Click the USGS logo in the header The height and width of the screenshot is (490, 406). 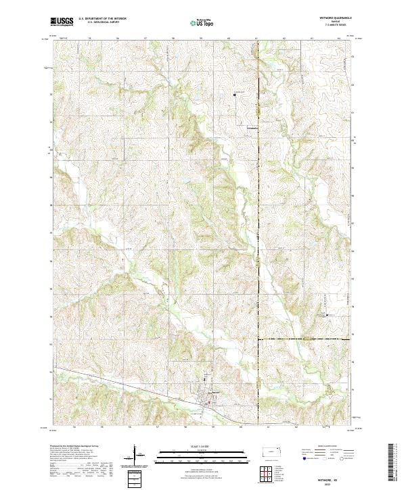pyautogui.click(x=62, y=22)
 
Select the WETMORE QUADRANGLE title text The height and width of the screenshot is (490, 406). pyautogui.click(x=331, y=19)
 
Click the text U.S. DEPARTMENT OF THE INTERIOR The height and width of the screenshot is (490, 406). pyautogui.click(x=102, y=20)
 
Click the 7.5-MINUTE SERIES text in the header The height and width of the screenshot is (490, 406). pyautogui.click(x=331, y=27)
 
